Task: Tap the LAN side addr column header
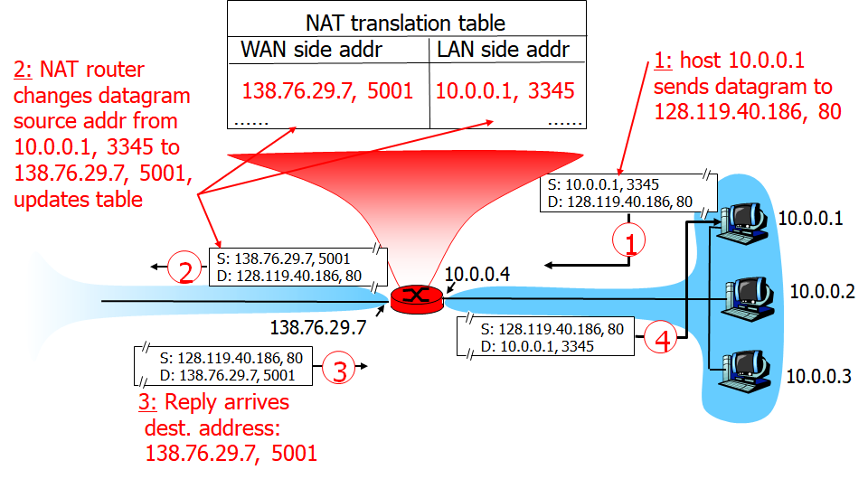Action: [x=503, y=50]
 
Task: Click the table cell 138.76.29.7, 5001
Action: [x=327, y=90]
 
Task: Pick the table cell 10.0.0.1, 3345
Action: [x=505, y=90]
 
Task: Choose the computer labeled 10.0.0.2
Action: [x=750, y=294]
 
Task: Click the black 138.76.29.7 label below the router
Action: [x=318, y=327]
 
